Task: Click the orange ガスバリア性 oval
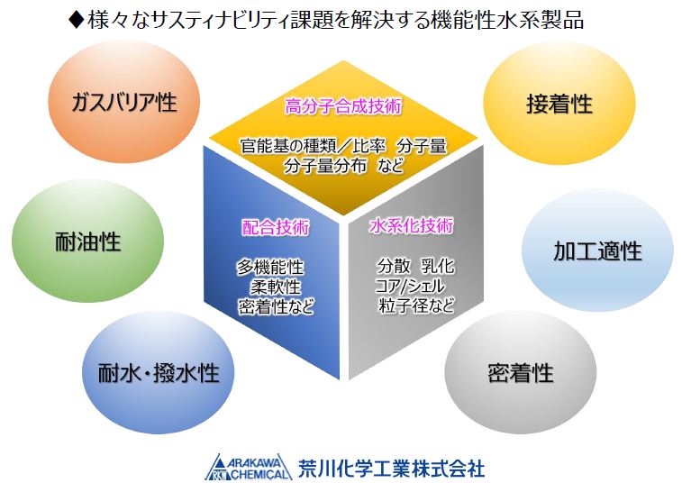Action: click(123, 102)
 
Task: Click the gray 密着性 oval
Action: click(520, 371)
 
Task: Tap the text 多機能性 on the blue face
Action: click(270, 268)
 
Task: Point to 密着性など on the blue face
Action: click(276, 305)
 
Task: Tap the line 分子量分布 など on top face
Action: click(342, 166)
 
